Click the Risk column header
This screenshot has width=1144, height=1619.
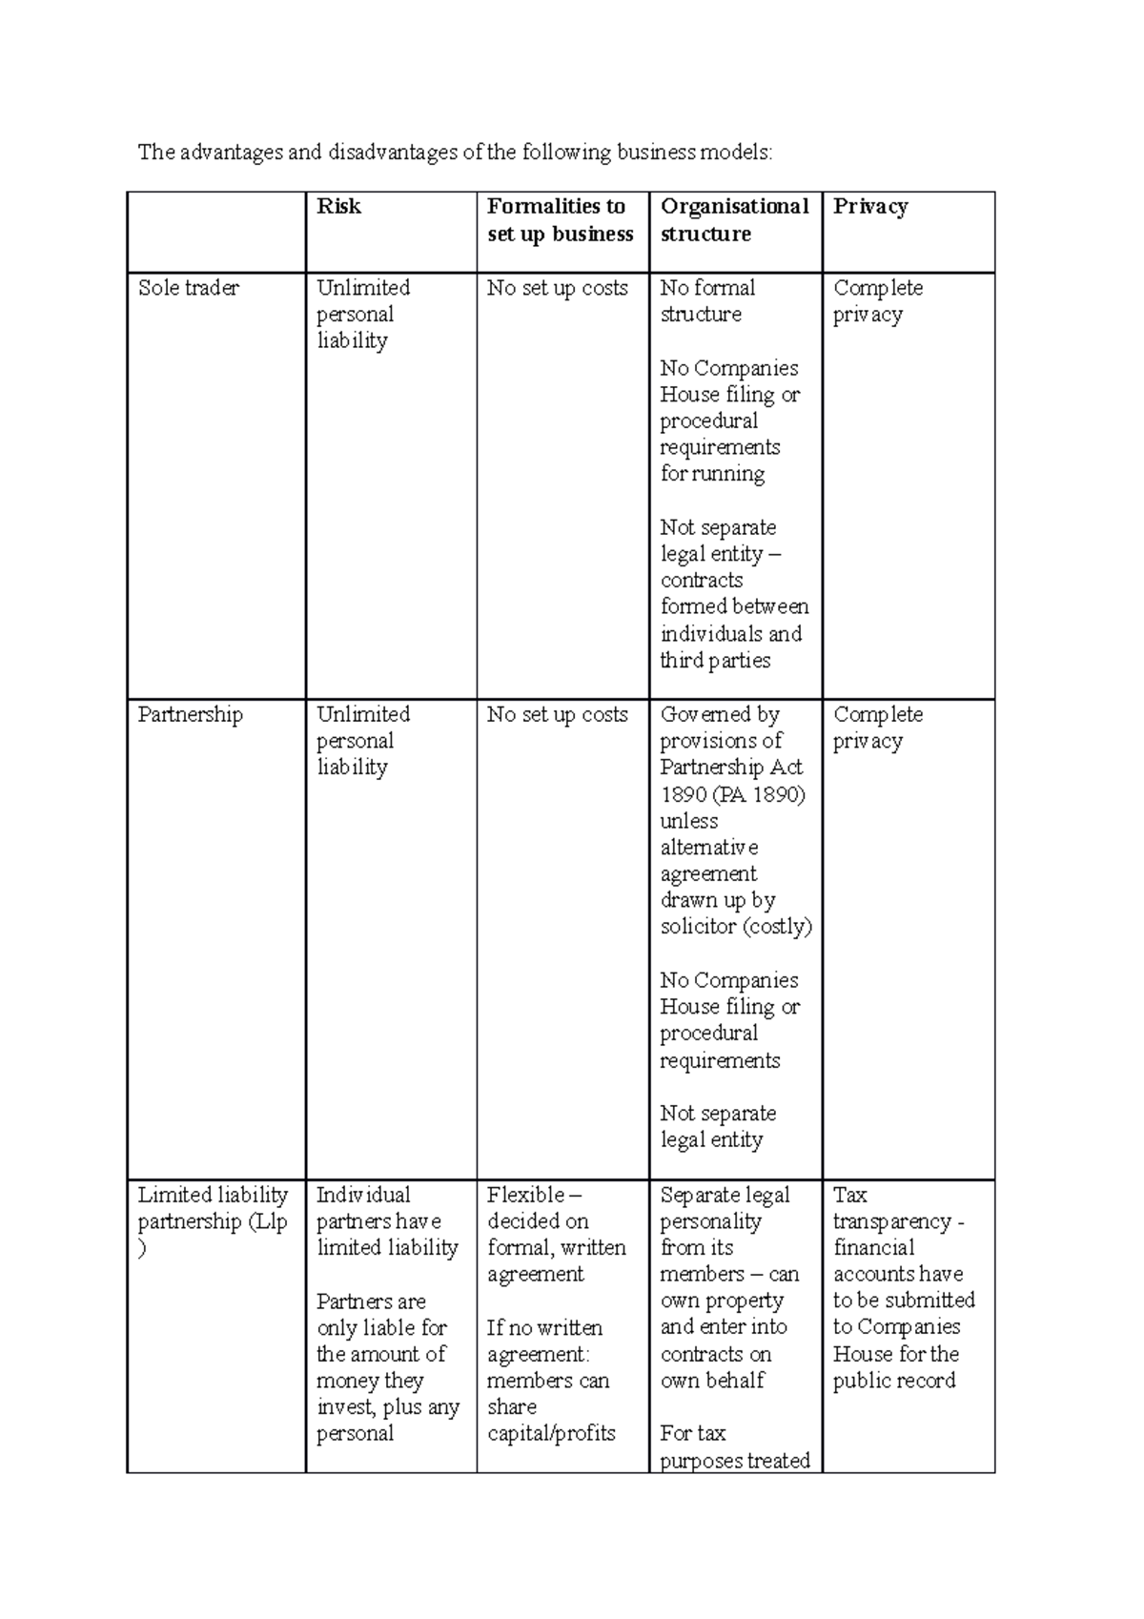point(338,207)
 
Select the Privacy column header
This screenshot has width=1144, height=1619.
point(870,207)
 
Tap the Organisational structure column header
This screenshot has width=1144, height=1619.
point(734,220)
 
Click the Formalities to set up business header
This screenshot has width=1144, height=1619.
point(560,220)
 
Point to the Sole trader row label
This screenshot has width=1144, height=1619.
point(189,288)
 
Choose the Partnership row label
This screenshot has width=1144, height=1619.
point(190,715)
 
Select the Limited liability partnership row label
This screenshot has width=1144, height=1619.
point(213,1209)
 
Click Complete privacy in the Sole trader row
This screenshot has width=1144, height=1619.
point(877,301)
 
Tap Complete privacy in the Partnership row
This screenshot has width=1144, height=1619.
point(877,728)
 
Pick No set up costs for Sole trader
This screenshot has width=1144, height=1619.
point(558,288)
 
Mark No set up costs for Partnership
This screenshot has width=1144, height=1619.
point(558,715)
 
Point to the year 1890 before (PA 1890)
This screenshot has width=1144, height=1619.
point(683,795)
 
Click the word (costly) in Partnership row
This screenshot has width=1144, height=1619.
point(777,927)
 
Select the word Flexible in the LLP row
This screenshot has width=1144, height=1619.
point(525,1196)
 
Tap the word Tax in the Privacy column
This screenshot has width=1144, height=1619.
point(849,1196)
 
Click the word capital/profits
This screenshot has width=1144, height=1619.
point(551,1434)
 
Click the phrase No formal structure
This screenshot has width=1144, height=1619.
point(707,301)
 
